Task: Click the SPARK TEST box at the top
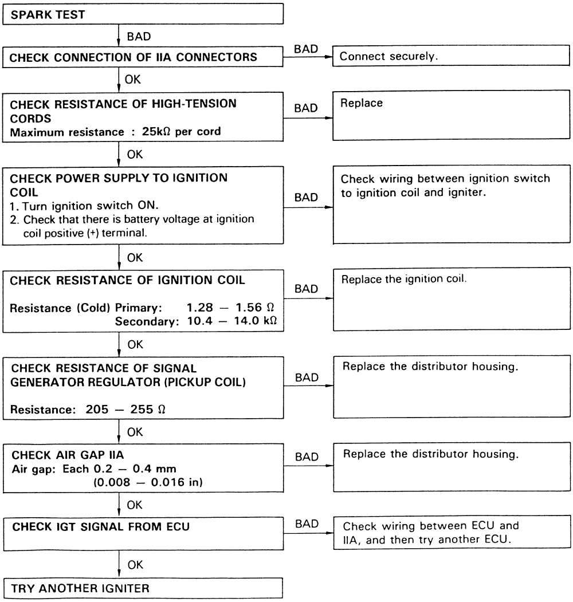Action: [144, 14]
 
